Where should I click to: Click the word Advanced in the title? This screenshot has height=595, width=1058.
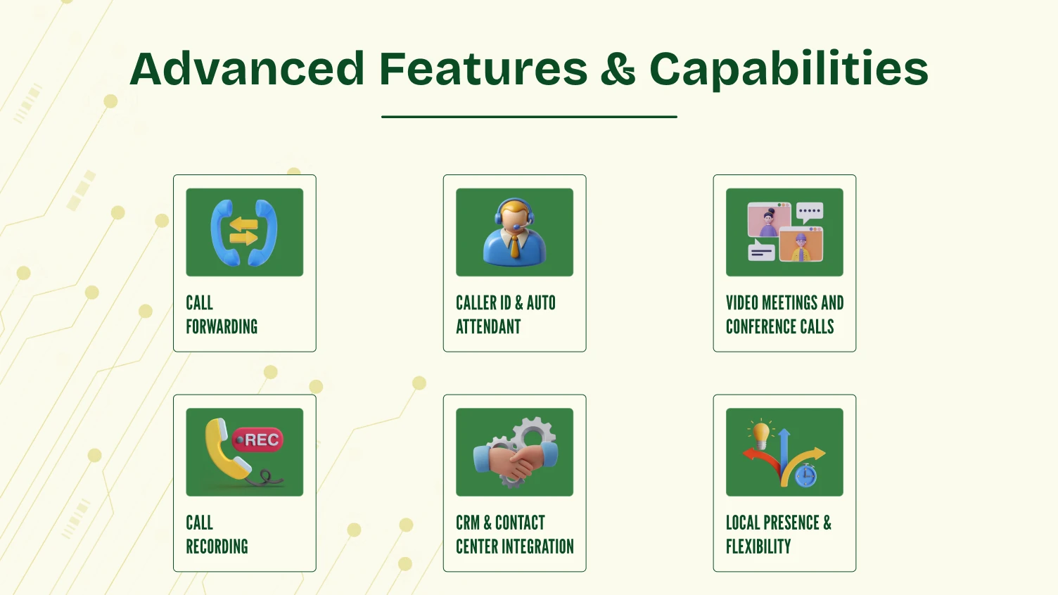coord(247,69)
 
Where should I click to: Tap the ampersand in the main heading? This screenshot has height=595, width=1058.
coord(618,70)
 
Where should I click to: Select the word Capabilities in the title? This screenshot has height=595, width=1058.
coord(788,70)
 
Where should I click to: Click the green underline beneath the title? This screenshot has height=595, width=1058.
coord(529,117)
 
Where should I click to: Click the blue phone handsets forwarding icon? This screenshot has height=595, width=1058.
coord(244,232)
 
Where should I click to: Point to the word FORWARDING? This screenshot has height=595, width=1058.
coord(222,327)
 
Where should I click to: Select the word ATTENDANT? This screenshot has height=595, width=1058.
coord(488,327)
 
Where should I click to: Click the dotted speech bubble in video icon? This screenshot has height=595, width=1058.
coord(810,212)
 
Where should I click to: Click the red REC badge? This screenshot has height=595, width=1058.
coord(258,440)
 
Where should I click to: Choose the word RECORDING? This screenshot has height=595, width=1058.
coord(217,547)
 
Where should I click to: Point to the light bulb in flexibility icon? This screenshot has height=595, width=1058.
coord(761,432)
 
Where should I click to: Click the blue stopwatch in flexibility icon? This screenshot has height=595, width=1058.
coord(806,477)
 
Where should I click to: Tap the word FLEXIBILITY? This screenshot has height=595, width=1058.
coord(758,547)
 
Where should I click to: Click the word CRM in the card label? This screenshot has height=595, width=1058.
coord(468,523)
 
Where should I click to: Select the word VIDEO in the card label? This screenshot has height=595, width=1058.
coord(742,303)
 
